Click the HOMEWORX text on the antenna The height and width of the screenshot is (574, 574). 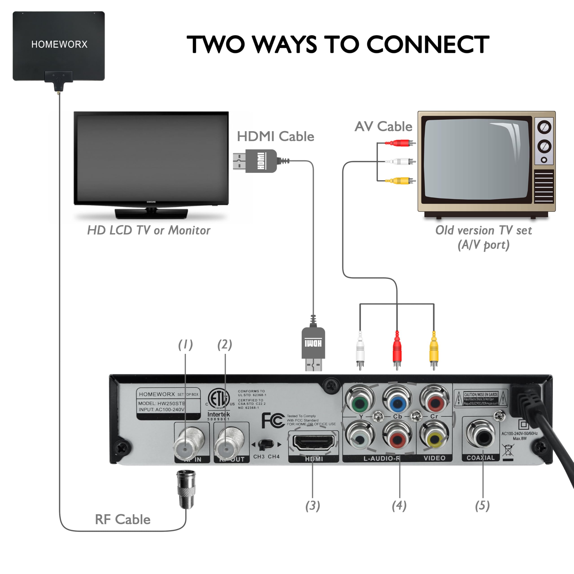(x=59, y=45)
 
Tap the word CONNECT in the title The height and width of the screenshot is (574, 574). (x=428, y=45)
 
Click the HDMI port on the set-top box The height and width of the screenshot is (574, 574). (x=313, y=442)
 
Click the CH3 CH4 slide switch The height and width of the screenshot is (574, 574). (x=266, y=444)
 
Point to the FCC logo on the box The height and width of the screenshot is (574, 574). (x=272, y=420)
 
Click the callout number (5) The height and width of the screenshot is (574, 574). (x=482, y=505)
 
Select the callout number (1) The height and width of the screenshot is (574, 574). (x=185, y=344)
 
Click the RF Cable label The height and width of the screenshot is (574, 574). (x=122, y=519)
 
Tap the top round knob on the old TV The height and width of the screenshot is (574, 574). (x=544, y=127)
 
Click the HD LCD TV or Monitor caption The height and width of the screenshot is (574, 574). (x=149, y=230)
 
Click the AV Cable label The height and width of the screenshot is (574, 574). (x=383, y=126)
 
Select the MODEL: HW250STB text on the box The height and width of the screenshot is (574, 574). (x=161, y=403)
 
